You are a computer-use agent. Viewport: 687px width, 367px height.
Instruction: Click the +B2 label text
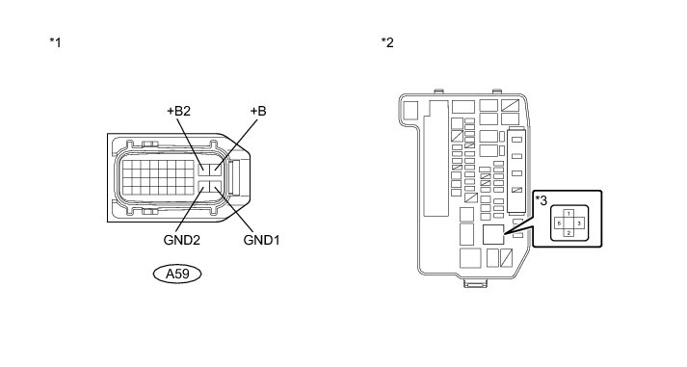coord(179,111)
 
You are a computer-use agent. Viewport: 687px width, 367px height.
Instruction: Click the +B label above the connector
coord(258,111)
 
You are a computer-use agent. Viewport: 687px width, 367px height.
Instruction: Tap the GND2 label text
coord(182,240)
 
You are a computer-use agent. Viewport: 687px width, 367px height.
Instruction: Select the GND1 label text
coord(261,240)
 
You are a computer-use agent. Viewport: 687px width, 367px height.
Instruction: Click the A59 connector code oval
coord(177,275)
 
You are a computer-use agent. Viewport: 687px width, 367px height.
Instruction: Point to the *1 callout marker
coord(55,42)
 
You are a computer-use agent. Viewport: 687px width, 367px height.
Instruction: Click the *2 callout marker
coord(387,42)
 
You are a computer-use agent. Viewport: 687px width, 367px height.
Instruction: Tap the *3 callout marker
coord(542,200)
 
